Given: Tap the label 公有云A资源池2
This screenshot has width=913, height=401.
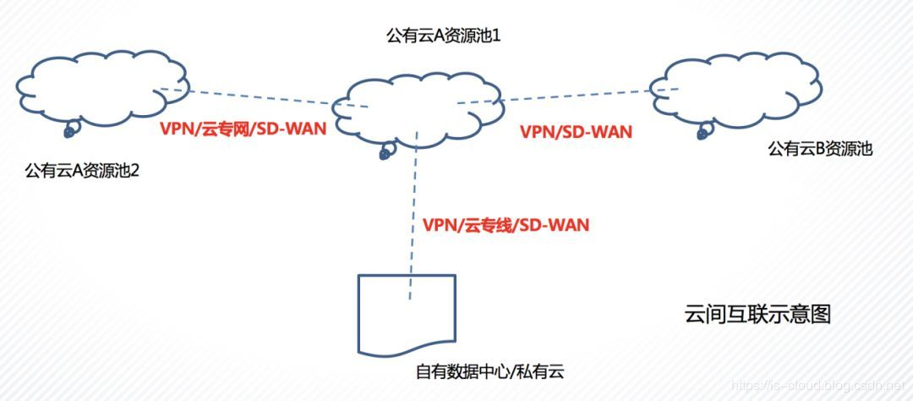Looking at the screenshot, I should (x=82, y=172).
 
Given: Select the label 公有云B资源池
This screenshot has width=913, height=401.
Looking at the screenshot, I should (x=819, y=149).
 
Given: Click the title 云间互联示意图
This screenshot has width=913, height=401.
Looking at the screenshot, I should (x=757, y=315).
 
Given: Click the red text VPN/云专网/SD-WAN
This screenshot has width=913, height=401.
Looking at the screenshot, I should (x=243, y=131).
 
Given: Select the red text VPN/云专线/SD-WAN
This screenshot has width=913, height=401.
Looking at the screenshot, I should (x=505, y=225).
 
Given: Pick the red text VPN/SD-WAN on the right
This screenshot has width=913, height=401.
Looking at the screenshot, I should (x=576, y=131).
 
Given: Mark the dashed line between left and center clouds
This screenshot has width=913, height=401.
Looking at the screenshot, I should (x=262, y=96).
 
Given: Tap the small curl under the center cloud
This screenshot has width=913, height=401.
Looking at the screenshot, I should (x=385, y=152).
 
